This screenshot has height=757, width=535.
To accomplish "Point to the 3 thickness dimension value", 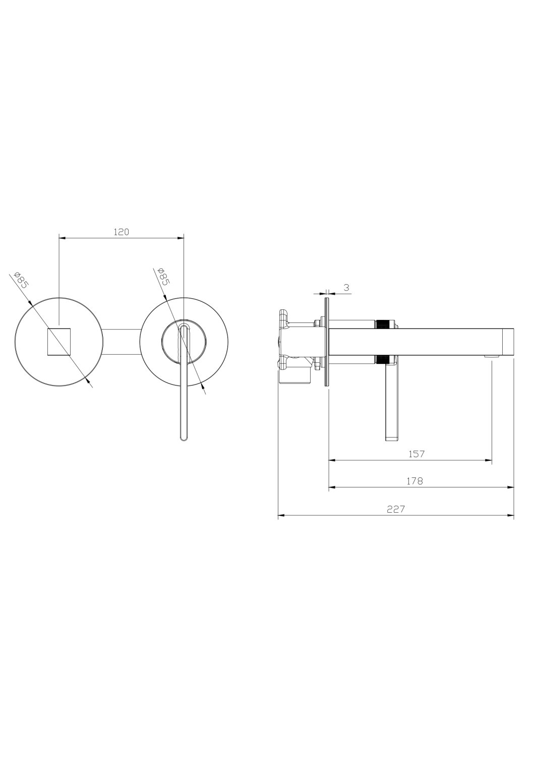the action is tap(346, 288).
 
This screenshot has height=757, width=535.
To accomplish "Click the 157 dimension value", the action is tap(416, 454).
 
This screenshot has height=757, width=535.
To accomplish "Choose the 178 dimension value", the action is tap(415, 481).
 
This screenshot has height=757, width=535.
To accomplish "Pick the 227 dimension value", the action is tap(396, 509).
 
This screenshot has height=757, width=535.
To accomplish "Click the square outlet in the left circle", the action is tap(59, 341).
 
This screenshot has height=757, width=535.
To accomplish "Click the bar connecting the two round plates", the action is tap(121, 342).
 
